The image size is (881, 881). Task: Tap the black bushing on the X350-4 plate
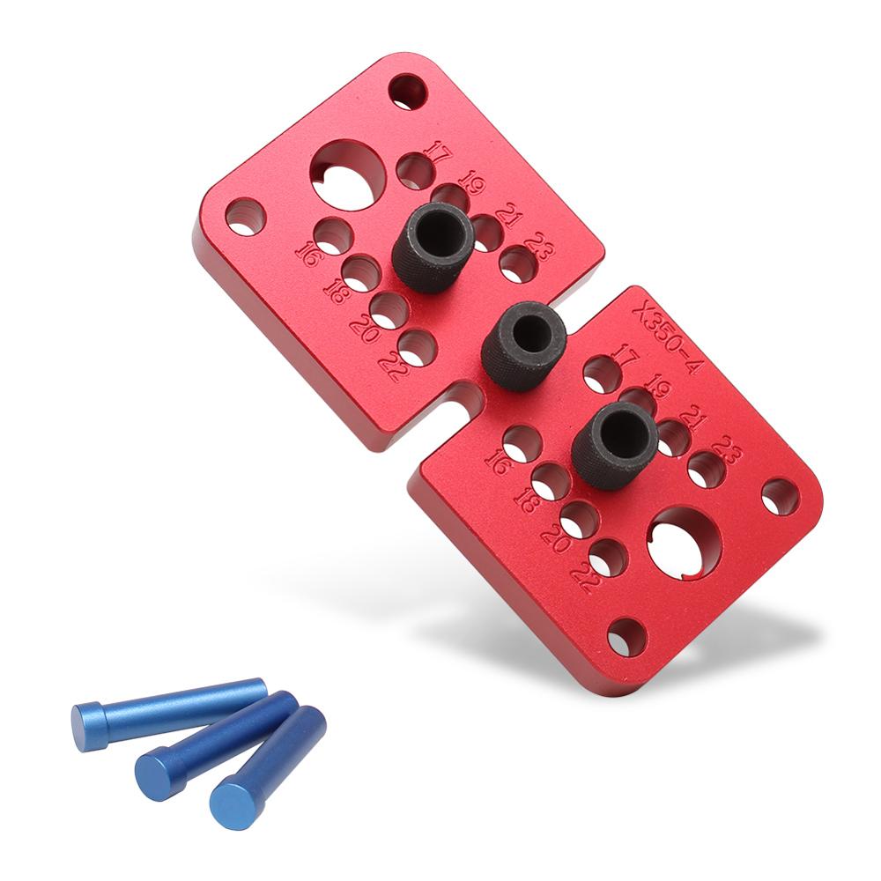tap(614, 445)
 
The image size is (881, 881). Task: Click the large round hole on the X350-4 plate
tap(684, 542)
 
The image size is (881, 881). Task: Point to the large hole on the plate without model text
tap(348, 174)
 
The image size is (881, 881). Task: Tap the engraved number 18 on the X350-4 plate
tap(527, 500)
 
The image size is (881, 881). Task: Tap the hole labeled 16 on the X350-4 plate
tap(522, 441)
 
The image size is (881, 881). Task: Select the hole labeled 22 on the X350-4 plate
tap(607, 557)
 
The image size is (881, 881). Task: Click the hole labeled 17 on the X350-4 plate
tap(602, 374)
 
